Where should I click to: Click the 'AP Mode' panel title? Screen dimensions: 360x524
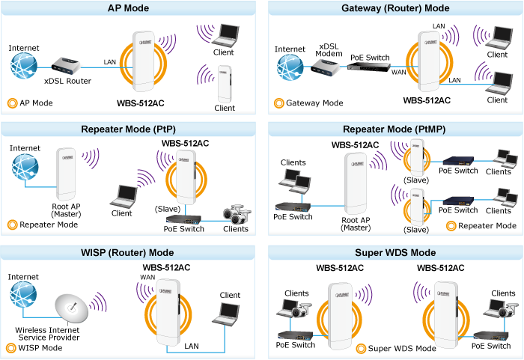tap(130, 8)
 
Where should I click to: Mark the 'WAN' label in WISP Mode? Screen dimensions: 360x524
tap(148, 278)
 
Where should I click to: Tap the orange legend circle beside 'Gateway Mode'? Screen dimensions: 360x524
tap(278, 103)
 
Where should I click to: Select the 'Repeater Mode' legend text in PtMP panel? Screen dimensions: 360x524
tap(487, 225)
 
